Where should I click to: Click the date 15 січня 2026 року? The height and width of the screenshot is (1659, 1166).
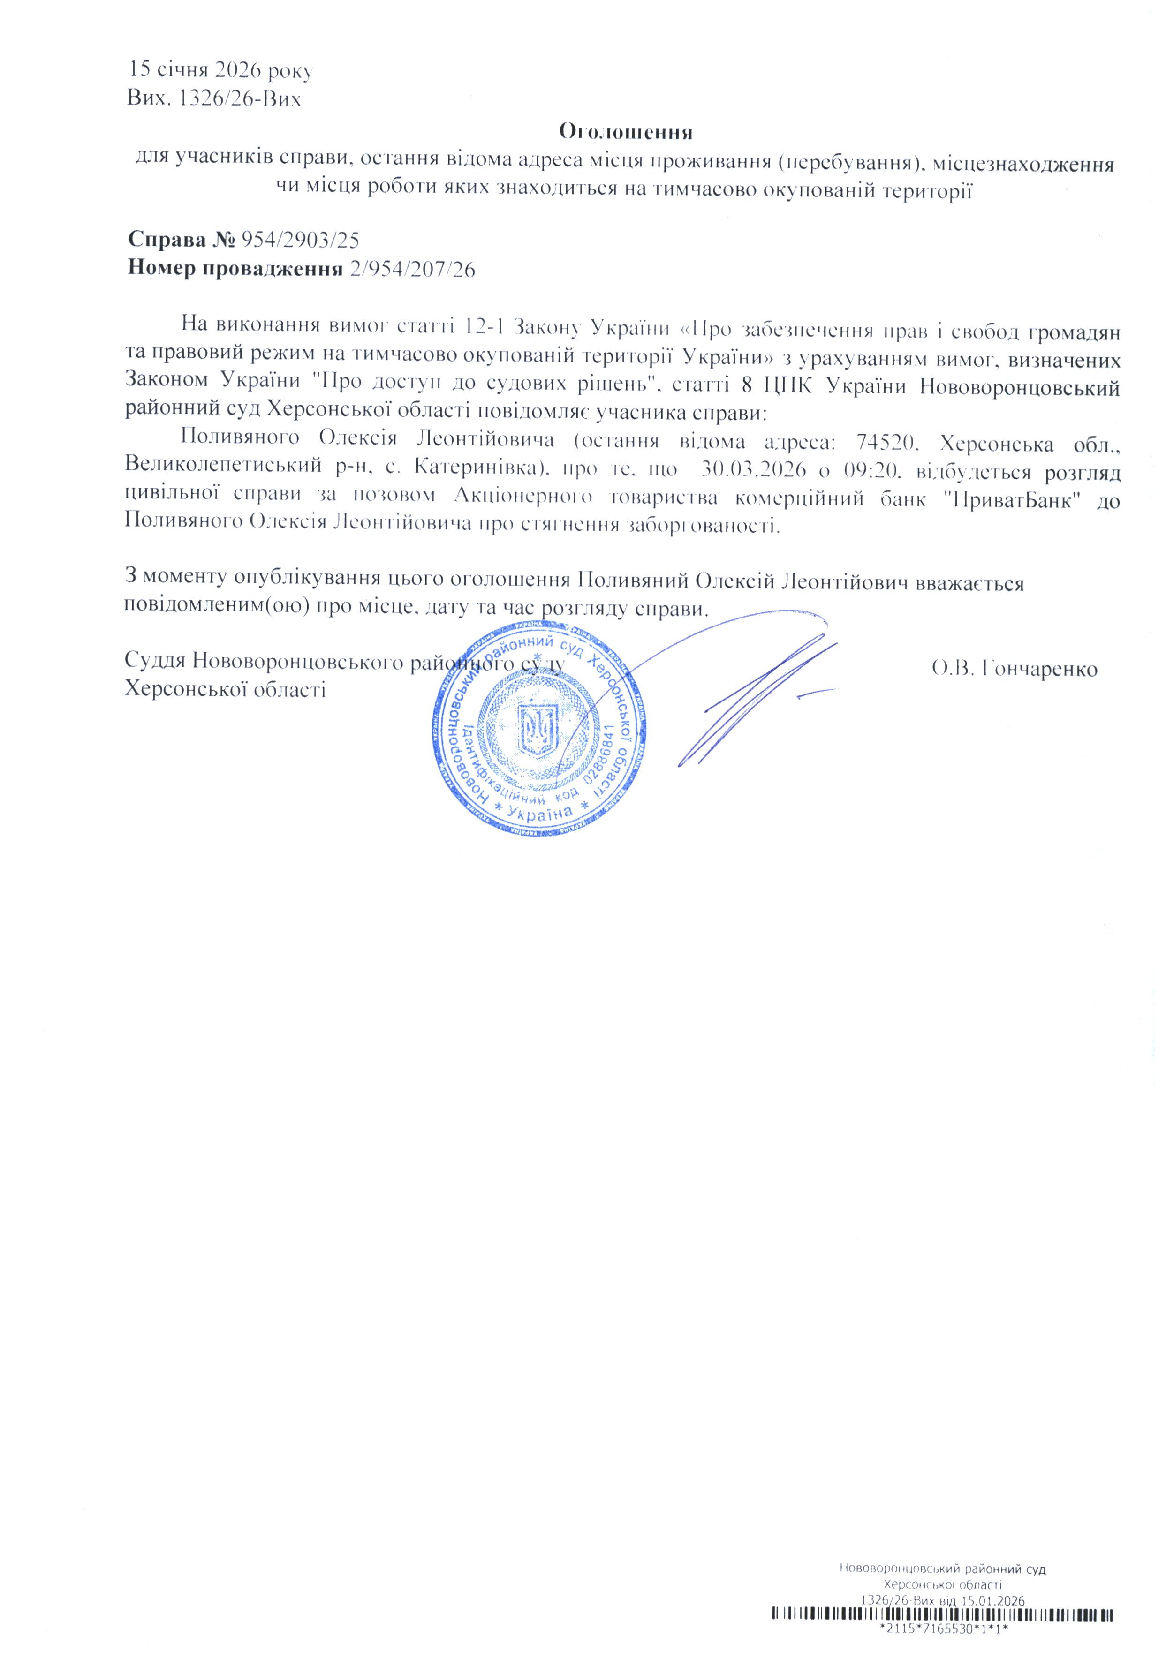[x=220, y=71]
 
